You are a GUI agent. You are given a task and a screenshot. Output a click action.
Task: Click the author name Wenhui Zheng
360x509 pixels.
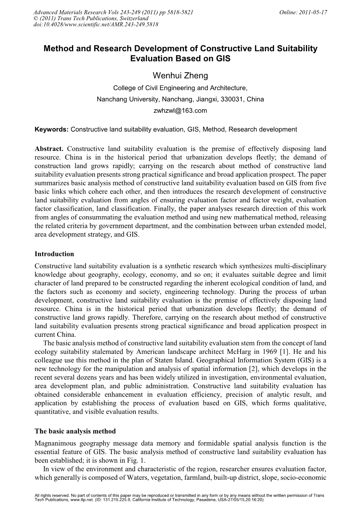tap(180, 75)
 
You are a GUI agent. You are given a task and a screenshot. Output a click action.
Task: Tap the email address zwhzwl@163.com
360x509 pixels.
tap(181, 110)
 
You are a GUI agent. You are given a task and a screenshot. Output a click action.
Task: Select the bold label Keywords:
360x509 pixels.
tap(52, 129)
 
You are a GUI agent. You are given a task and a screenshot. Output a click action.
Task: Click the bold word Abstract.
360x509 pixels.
tap(49, 149)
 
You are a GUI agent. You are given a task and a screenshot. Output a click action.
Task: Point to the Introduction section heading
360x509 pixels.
tap(54, 254)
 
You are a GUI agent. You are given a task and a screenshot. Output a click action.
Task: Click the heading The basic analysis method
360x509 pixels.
tap(75, 431)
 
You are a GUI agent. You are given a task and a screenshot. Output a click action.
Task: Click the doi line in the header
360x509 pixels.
tap(97, 24)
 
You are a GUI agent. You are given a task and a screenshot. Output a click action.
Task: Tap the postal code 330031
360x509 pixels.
tap(231, 99)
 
